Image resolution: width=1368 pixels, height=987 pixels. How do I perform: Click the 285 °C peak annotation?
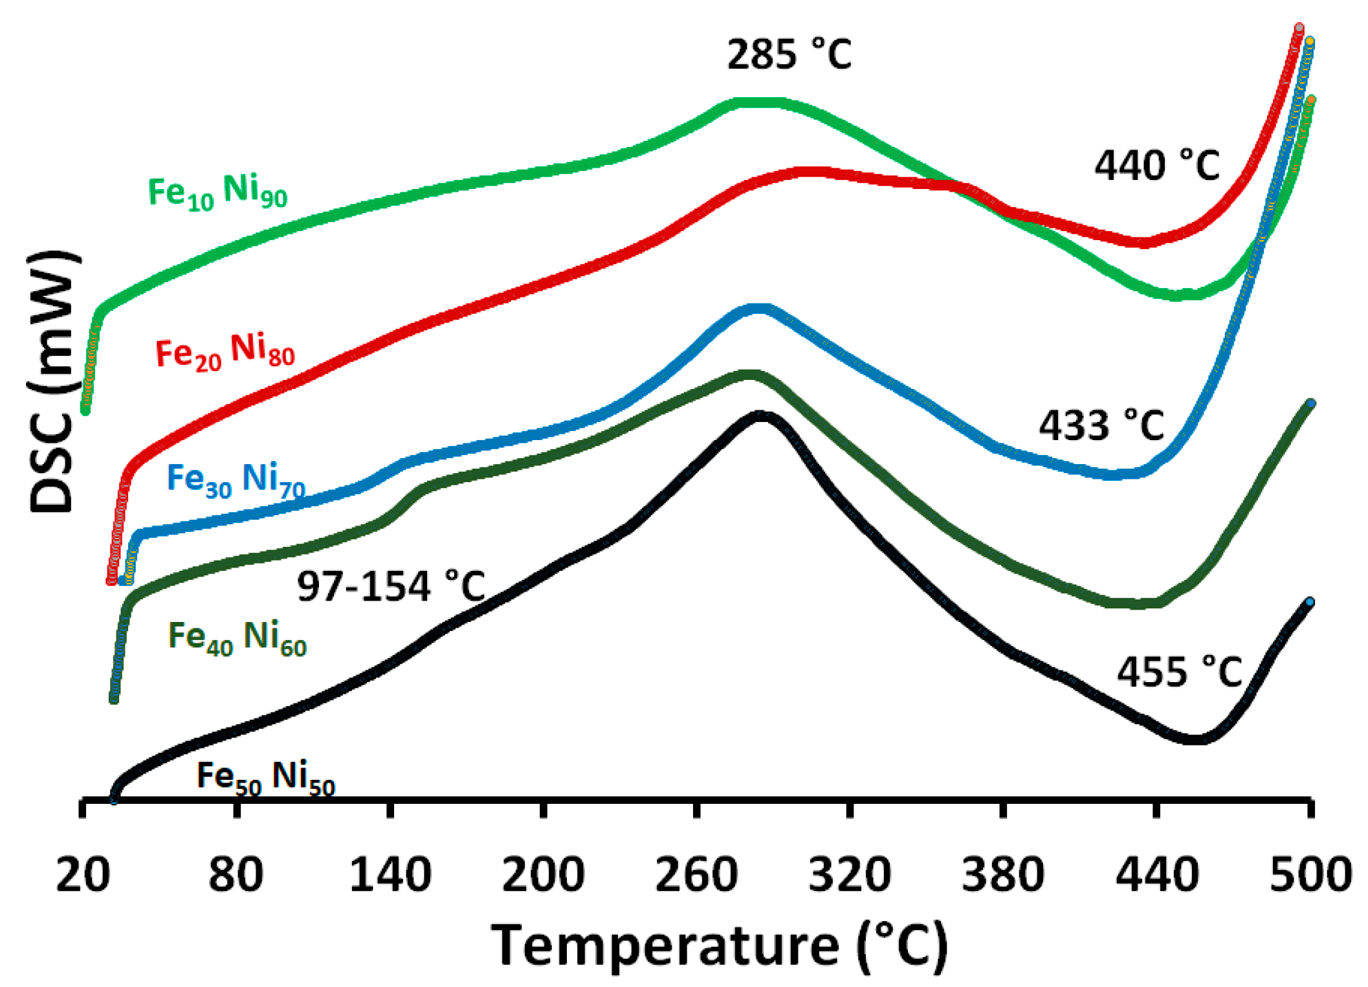pyautogui.click(x=789, y=54)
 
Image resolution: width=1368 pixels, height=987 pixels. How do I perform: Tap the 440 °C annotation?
pyautogui.click(x=1156, y=166)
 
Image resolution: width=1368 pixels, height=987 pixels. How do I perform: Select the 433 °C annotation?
pyautogui.click(x=1101, y=426)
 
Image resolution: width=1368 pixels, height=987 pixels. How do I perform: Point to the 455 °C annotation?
pyautogui.click(x=1179, y=672)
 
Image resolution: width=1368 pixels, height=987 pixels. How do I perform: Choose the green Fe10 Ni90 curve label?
pyautogui.click(x=217, y=192)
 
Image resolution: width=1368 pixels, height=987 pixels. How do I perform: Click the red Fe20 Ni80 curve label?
pyautogui.click(x=225, y=353)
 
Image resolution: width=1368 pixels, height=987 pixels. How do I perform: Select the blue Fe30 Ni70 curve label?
pyautogui.click(x=236, y=480)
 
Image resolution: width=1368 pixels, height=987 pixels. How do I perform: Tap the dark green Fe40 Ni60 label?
pyautogui.click(x=237, y=638)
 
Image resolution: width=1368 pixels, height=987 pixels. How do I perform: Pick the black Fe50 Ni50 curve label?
pyautogui.click(x=265, y=777)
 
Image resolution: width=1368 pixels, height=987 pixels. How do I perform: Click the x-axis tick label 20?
pyautogui.click(x=83, y=875)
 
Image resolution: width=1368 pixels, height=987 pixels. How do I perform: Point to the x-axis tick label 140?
pyautogui.click(x=390, y=875)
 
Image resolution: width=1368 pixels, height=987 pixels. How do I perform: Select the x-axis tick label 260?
pyautogui.click(x=696, y=875)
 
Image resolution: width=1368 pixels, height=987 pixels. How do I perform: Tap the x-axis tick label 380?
pyautogui.click(x=1003, y=875)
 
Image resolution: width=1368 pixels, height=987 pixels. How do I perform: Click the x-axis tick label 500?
pyautogui.click(x=1310, y=875)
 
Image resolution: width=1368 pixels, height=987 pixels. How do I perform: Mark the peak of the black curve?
pyautogui.click(x=760, y=416)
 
